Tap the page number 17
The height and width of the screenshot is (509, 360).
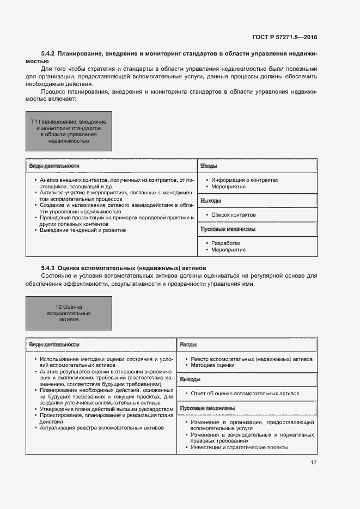pyautogui.click(x=313, y=463)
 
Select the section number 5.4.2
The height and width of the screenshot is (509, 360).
pyautogui.click(x=48, y=54)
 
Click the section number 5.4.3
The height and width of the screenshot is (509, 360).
pyautogui.click(x=48, y=268)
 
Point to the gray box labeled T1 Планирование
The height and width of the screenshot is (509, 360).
pyautogui.click(x=69, y=131)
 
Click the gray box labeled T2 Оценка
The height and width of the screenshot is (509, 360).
pyautogui.click(x=69, y=314)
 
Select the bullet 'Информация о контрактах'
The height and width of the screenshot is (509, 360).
pyautogui.click(x=245, y=180)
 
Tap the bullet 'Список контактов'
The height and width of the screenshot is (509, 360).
pyautogui.click(x=234, y=215)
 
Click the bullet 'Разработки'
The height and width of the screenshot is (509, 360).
pyautogui.click(x=226, y=243)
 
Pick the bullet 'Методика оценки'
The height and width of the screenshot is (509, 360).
pyautogui.click(x=212, y=366)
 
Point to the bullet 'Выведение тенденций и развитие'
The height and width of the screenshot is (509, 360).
pyautogui.click(x=83, y=230)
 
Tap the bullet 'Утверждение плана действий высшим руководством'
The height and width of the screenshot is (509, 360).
pyautogui.click(x=107, y=409)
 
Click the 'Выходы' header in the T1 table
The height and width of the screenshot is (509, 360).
pyautogui.click(x=210, y=201)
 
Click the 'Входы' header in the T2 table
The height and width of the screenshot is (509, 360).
pyautogui.click(x=188, y=345)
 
